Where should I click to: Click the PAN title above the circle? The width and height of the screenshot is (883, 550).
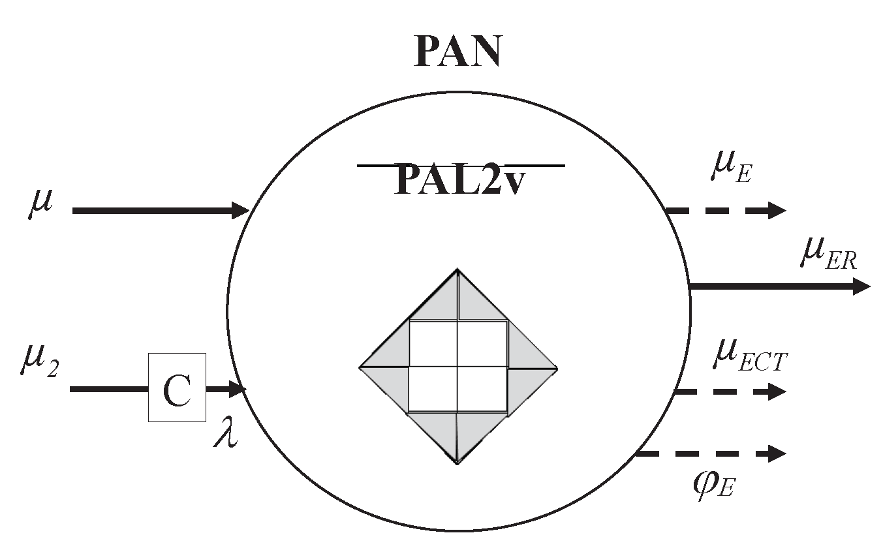pyautogui.click(x=457, y=52)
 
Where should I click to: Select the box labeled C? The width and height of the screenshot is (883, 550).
pyautogui.click(x=177, y=388)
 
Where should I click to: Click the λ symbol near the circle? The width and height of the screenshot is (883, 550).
pyautogui.click(x=225, y=435)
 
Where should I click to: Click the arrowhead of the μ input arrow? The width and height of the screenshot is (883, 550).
pyautogui.click(x=240, y=211)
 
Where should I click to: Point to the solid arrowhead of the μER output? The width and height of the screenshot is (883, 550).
pyautogui.click(x=861, y=286)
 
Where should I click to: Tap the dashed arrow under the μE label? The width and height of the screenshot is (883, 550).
pyautogui.click(x=724, y=210)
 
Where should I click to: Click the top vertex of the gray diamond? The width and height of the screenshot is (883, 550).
pyautogui.click(x=458, y=269)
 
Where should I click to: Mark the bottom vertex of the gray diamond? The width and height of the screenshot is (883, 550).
pyautogui.click(x=458, y=463)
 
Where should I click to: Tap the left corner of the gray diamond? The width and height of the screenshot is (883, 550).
pyautogui.click(x=361, y=367)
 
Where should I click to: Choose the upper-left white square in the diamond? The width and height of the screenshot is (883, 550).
pyautogui.click(x=433, y=344)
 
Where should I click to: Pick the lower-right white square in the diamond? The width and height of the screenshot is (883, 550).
pyautogui.click(x=482, y=390)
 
